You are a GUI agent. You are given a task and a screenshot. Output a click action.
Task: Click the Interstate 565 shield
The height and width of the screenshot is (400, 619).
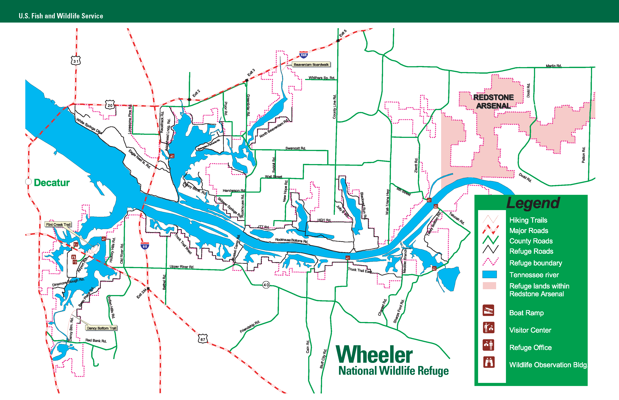point(303,55)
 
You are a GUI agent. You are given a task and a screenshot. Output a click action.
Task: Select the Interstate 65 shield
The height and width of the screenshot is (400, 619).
point(145,246)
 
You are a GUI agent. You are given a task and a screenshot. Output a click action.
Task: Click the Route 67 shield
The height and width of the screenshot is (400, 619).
point(203,339)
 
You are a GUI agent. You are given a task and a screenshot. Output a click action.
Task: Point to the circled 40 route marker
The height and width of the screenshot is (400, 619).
point(266,285)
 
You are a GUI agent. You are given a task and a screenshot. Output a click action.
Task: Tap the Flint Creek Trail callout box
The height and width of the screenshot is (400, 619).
point(58,224)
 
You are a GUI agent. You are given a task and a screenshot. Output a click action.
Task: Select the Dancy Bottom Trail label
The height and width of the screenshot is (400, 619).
point(101,328)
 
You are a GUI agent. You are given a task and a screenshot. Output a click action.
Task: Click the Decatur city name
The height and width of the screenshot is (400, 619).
point(52,183)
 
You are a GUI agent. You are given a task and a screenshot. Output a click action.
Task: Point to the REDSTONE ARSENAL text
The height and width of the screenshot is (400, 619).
point(493,102)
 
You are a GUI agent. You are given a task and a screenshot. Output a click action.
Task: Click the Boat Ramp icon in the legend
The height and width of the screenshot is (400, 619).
point(488,310)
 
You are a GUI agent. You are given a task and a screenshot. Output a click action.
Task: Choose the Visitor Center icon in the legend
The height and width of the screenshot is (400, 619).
point(488,328)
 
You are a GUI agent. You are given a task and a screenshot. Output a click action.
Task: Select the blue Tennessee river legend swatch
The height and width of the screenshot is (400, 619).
point(489,274)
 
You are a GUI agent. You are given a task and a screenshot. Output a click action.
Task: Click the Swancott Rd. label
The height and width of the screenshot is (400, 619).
point(296,148)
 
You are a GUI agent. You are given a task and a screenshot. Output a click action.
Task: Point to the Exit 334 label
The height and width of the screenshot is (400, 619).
point(142,294)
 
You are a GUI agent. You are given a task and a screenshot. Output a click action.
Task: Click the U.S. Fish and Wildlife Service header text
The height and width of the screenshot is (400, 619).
point(61,16)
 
